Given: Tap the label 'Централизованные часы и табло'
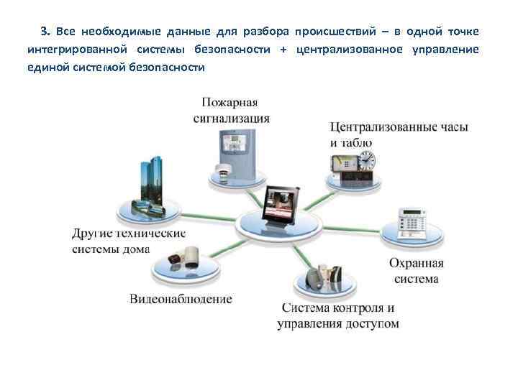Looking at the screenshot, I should tap(399, 134).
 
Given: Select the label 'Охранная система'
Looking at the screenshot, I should tap(416, 271).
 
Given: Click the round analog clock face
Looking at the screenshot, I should tap(364, 159).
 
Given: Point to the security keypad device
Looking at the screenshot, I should tap(410, 222).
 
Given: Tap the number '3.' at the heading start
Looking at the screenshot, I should tap(45, 32).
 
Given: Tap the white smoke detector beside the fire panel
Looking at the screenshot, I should tap(222, 172).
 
